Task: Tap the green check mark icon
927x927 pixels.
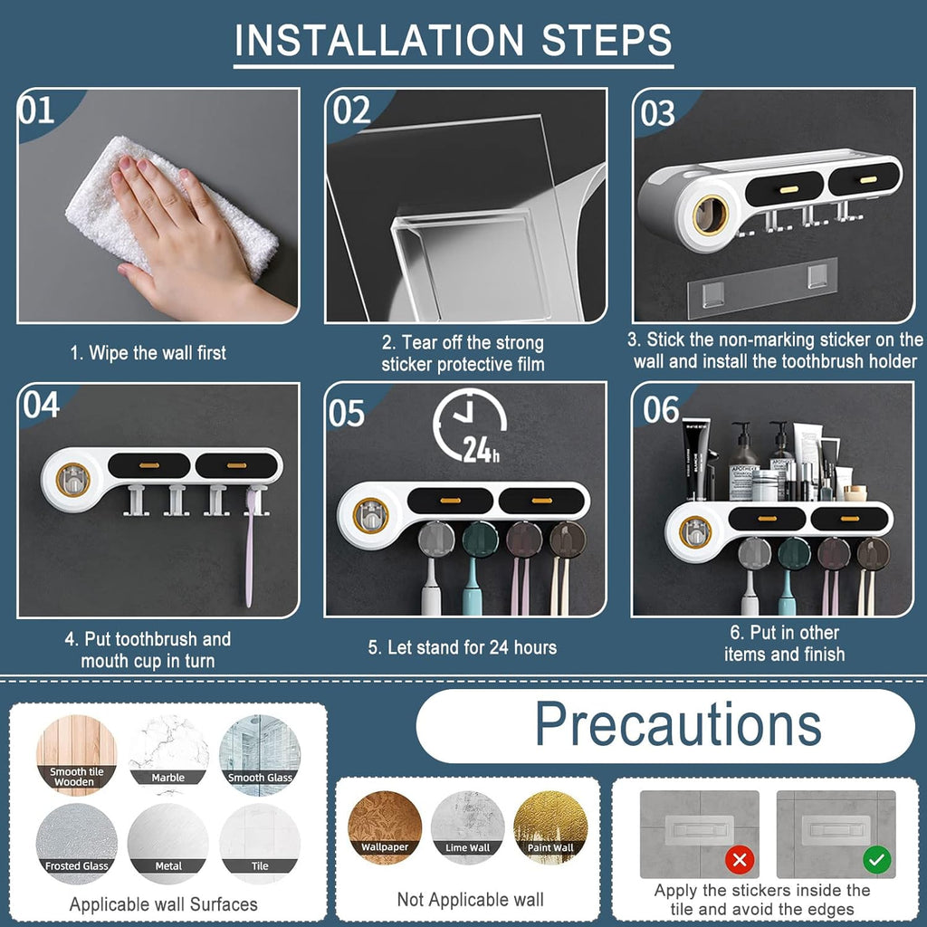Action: pyautogui.click(x=876, y=858)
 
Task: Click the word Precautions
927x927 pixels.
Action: pyautogui.click(x=678, y=724)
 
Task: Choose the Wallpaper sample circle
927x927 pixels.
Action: pyautogui.click(x=386, y=827)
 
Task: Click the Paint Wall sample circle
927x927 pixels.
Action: pyautogui.click(x=550, y=827)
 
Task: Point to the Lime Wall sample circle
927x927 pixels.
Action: pyautogui.click(x=468, y=827)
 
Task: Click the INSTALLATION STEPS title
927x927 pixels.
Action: pyautogui.click(x=454, y=41)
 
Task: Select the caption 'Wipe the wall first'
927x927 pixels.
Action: pyautogui.click(x=148, y=353)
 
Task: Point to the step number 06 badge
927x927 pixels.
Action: pyautogui.click(x=662, y=410)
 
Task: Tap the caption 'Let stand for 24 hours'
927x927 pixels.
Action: pyautogui.click(x=463, y=647)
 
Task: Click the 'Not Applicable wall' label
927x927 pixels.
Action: pyautogui.click(x=471, y=899)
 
